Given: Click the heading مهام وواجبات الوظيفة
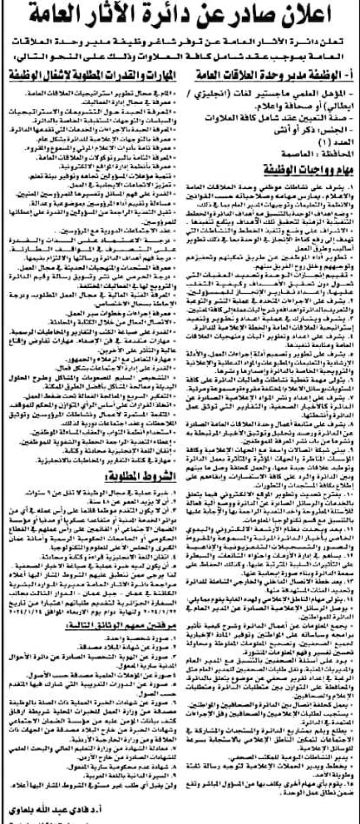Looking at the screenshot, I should click(310, 169).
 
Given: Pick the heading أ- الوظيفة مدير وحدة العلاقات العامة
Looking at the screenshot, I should click(277, 76).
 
